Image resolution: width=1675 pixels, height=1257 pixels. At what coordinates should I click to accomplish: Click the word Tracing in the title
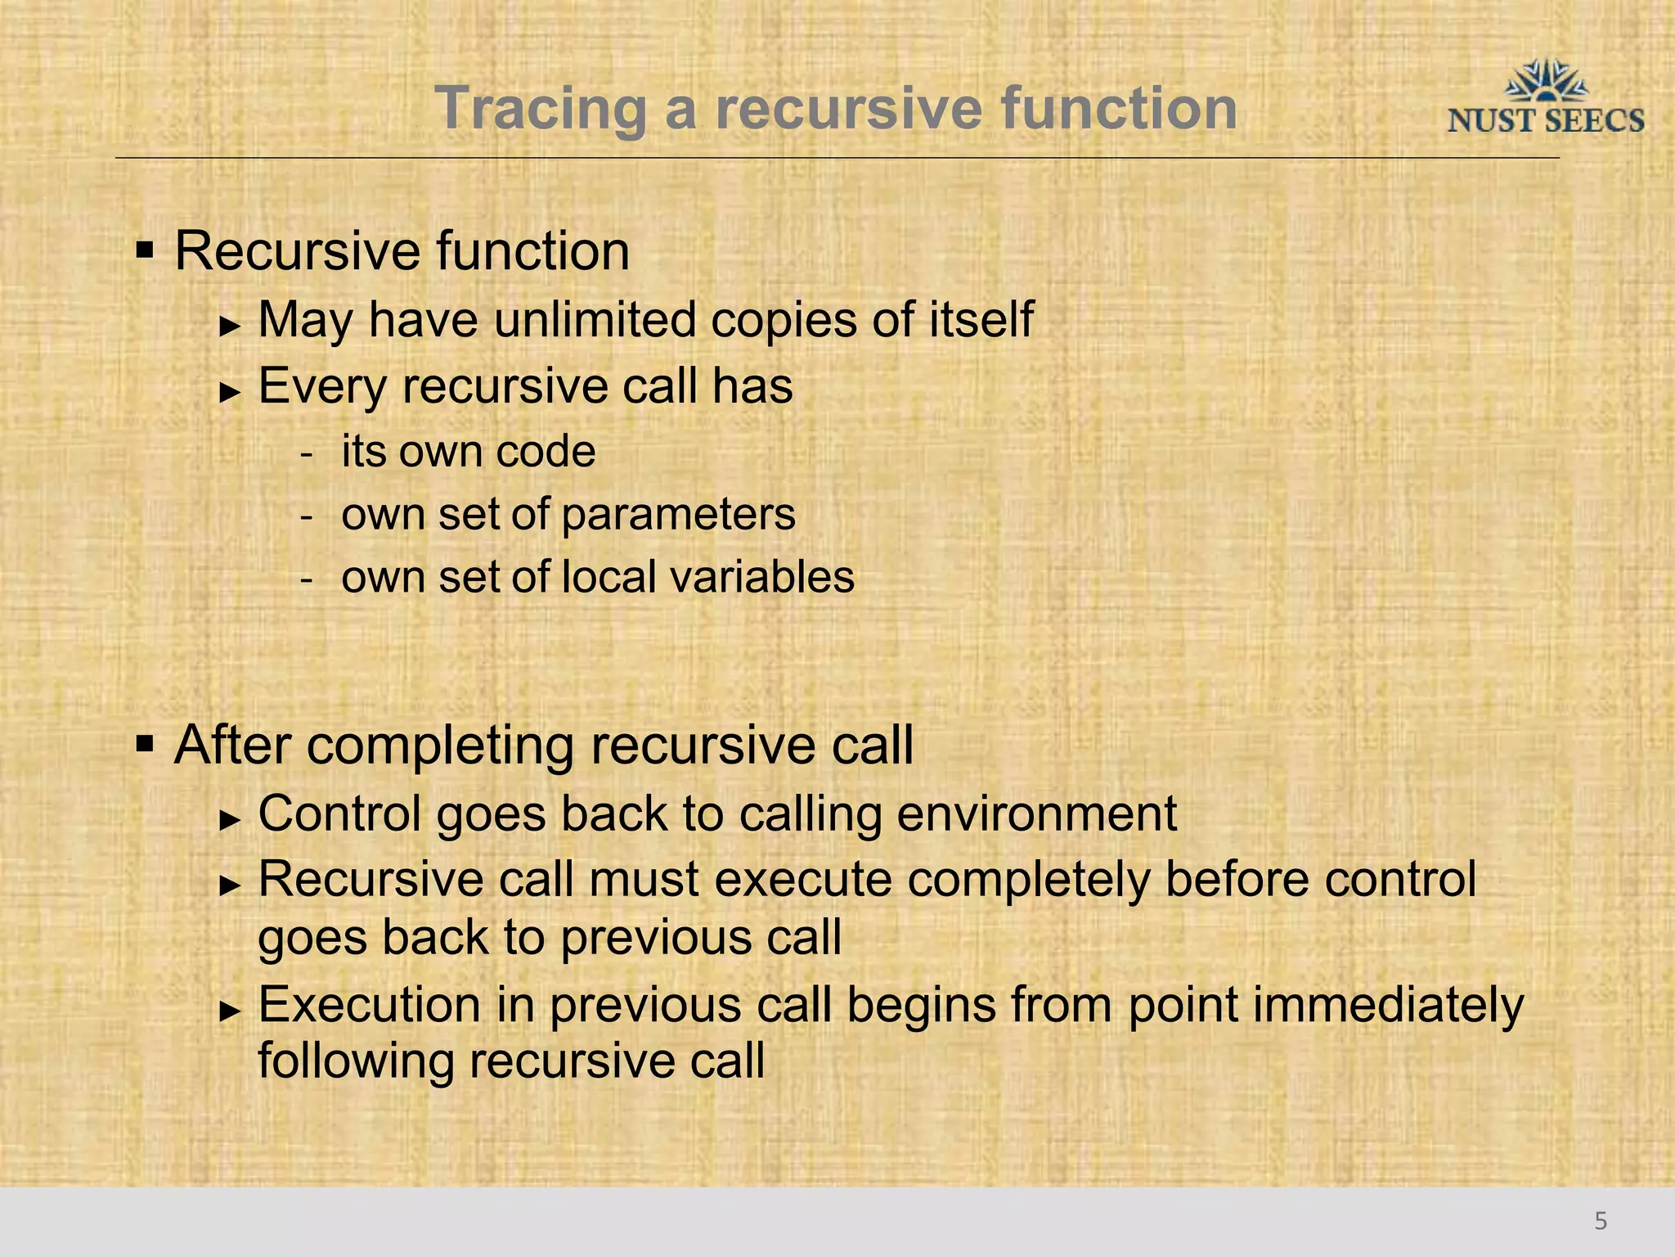pyautogui.click(x=541, y=109)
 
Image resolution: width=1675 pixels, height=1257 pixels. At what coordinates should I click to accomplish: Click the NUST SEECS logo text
pyautogui.click(x=1545, y=121)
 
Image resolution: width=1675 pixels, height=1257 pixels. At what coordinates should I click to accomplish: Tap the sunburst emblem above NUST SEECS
pyautogui.click(x=1546, y=81)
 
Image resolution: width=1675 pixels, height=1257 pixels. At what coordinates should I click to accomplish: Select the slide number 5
pyautogui.click(x=1601, y=1221)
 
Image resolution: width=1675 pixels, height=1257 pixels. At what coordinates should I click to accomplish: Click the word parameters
pyautogui.click(x=678, y=515)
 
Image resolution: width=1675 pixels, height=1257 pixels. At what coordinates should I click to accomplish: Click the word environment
pyautogui.click(x=1036, y=814)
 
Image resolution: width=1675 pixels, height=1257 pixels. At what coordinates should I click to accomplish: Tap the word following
pyautogui.click(x=356, y=1061)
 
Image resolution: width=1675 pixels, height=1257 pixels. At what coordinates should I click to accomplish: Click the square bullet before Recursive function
pyautogui.click(x=145, y=249)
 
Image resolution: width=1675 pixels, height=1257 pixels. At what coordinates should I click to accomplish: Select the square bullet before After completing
pyautogui.click(x=145, y=744)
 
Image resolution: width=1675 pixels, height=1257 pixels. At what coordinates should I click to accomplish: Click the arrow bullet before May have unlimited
pyautogui.click(x=230, y=326)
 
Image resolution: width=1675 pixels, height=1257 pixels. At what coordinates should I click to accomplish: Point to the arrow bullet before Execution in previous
pyautogui.click(x=230, y=1011)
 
